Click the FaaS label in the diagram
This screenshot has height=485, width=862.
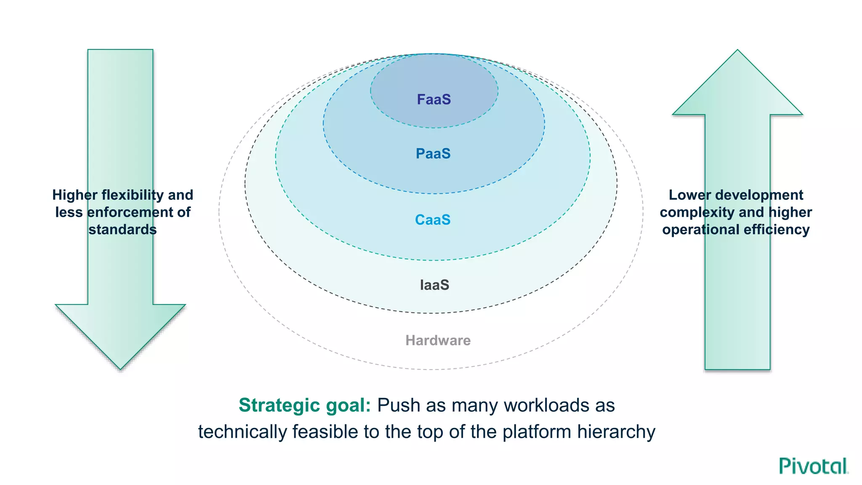tap(434, 100)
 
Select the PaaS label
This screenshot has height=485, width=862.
tap(433, 154)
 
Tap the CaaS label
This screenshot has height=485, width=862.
tap(433, 220)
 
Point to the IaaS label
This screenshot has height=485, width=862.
tap(434, 285)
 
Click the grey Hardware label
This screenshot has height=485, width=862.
tap(438, 340)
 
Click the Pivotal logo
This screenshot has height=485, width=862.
tap(813, 466)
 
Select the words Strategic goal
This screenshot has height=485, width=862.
tap(304, 405)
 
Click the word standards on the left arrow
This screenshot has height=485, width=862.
tap(122, 229)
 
